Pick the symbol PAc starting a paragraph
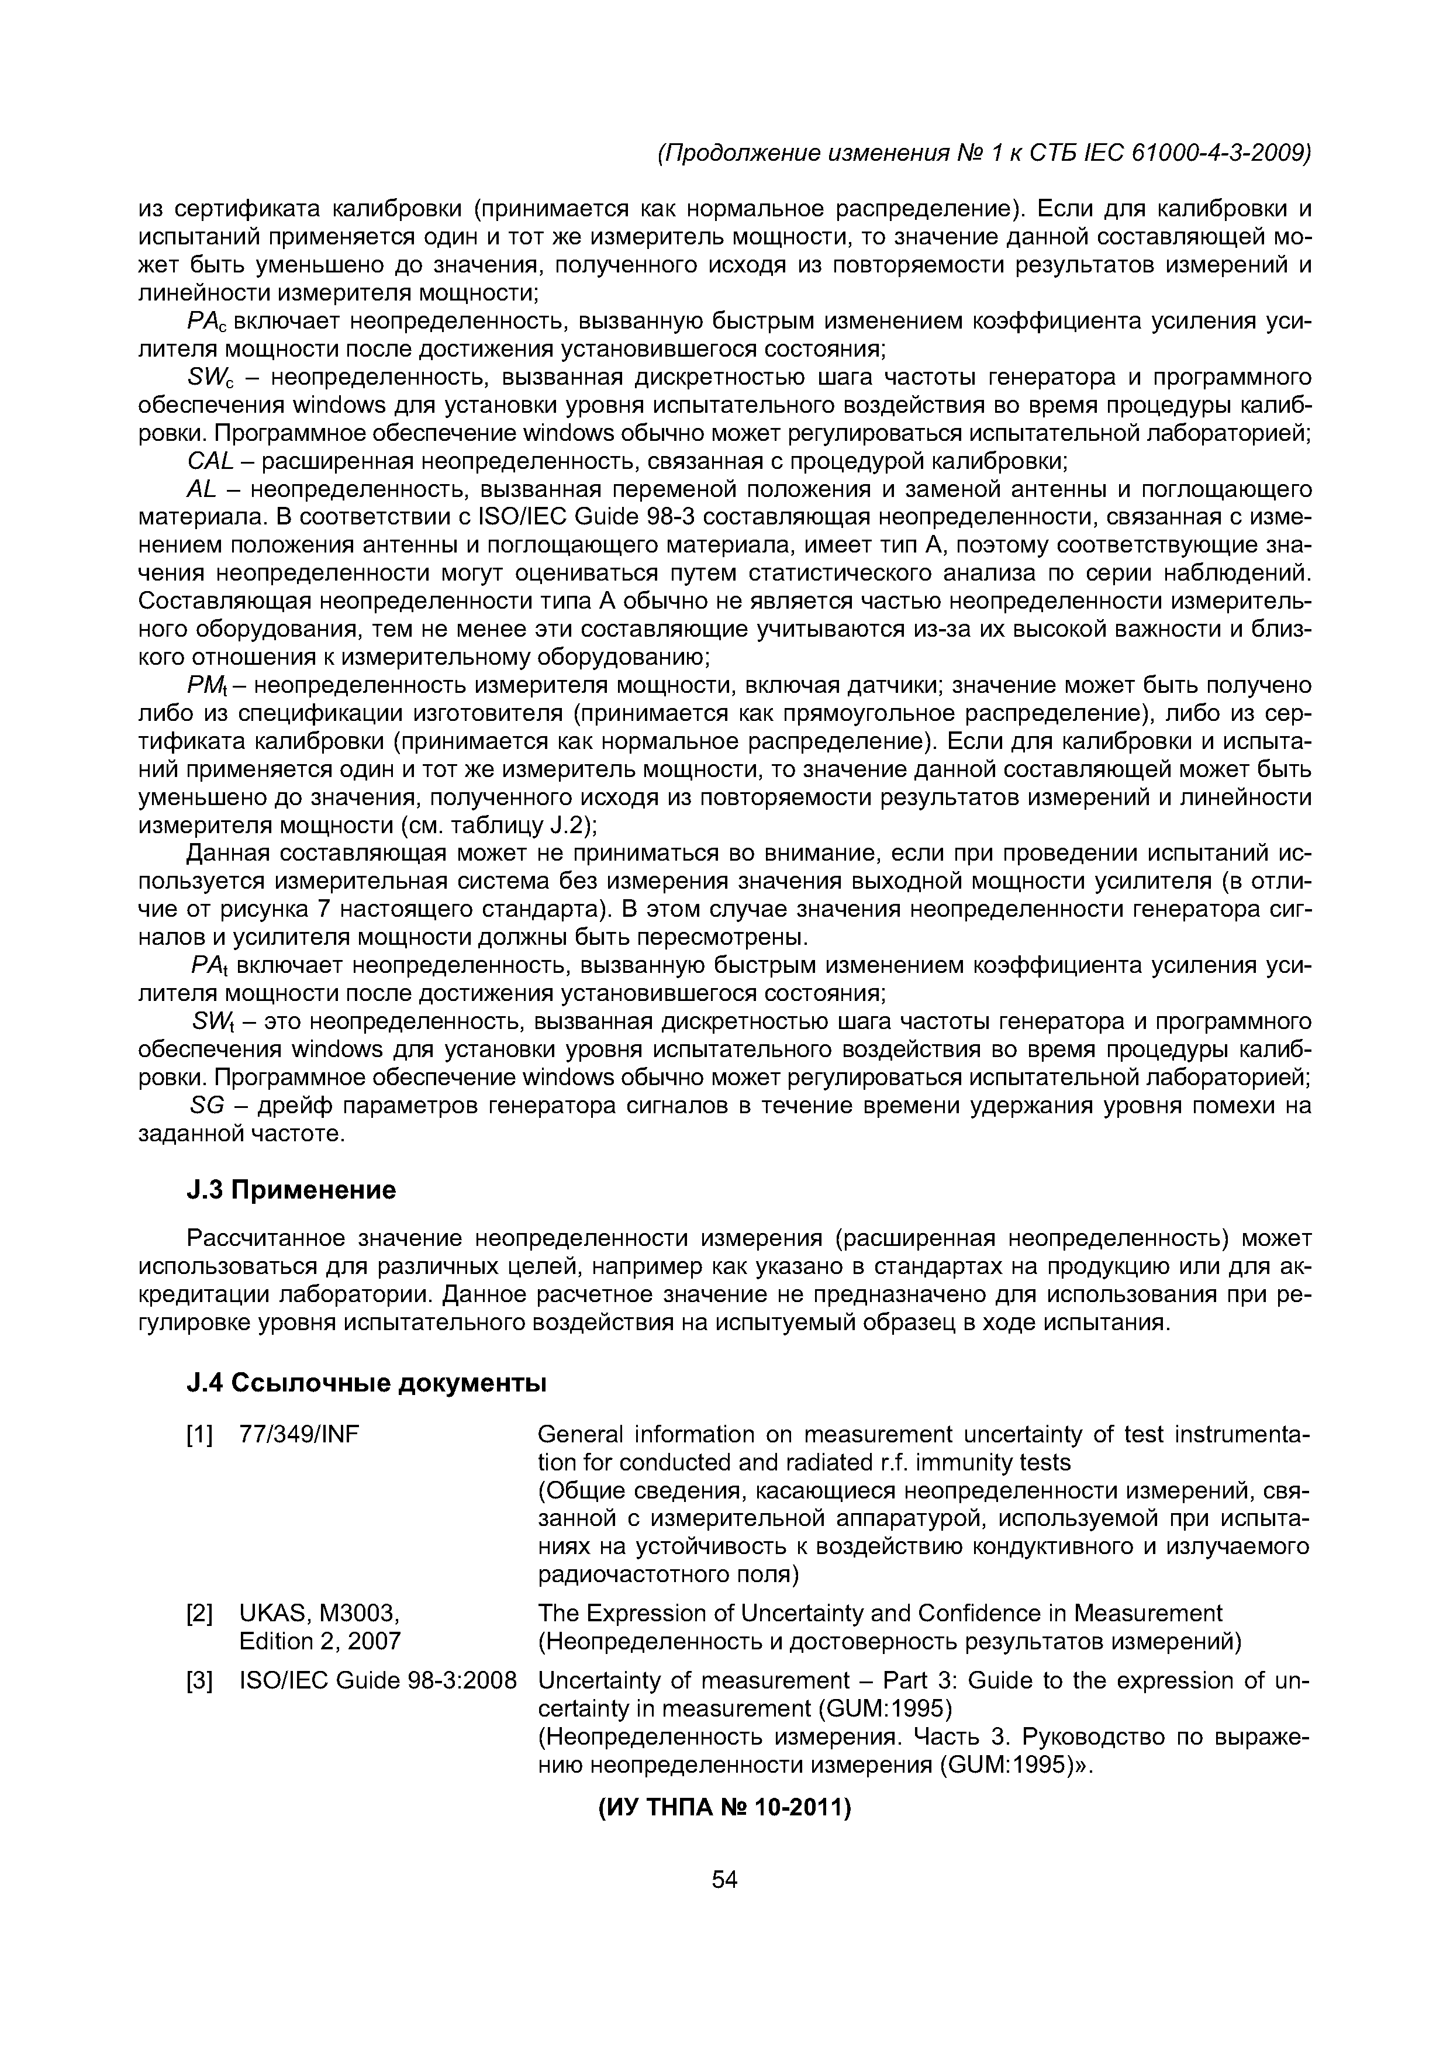click(208, 322)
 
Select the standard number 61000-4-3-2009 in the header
click(1220, 154)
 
